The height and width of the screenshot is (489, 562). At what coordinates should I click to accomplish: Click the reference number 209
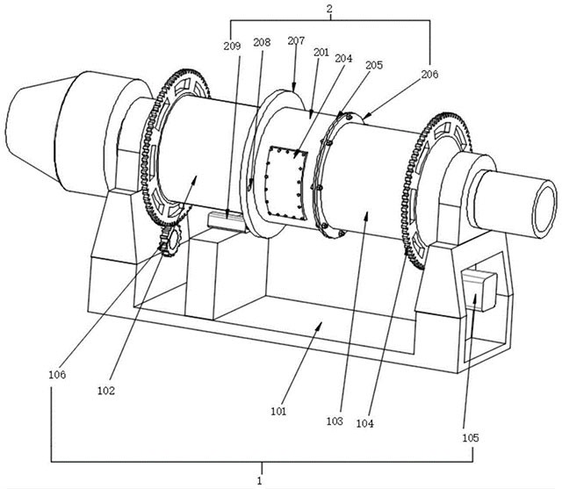pos(232,47)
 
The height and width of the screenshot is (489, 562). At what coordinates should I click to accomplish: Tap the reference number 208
pos(262,42)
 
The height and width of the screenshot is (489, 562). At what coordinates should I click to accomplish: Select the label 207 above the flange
pos(296,41)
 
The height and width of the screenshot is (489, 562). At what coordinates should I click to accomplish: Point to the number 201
pos(321,53)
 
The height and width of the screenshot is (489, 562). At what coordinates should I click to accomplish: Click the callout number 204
pos(343,58)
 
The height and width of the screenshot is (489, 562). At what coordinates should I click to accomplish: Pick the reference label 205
pos(374,65)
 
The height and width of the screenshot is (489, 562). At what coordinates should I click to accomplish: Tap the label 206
pos(429,74)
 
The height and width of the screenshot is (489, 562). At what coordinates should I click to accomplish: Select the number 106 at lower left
pos(57,375)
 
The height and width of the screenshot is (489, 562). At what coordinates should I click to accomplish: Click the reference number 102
pos(106,391)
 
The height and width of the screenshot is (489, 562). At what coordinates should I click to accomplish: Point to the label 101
pos(279,411)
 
